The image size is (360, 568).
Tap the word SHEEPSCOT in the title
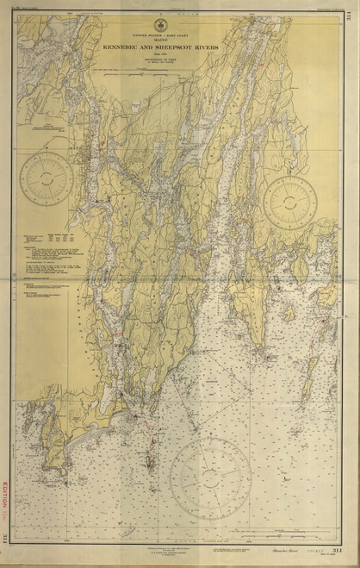(187, 50)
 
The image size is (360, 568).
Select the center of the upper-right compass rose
(290, 203)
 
